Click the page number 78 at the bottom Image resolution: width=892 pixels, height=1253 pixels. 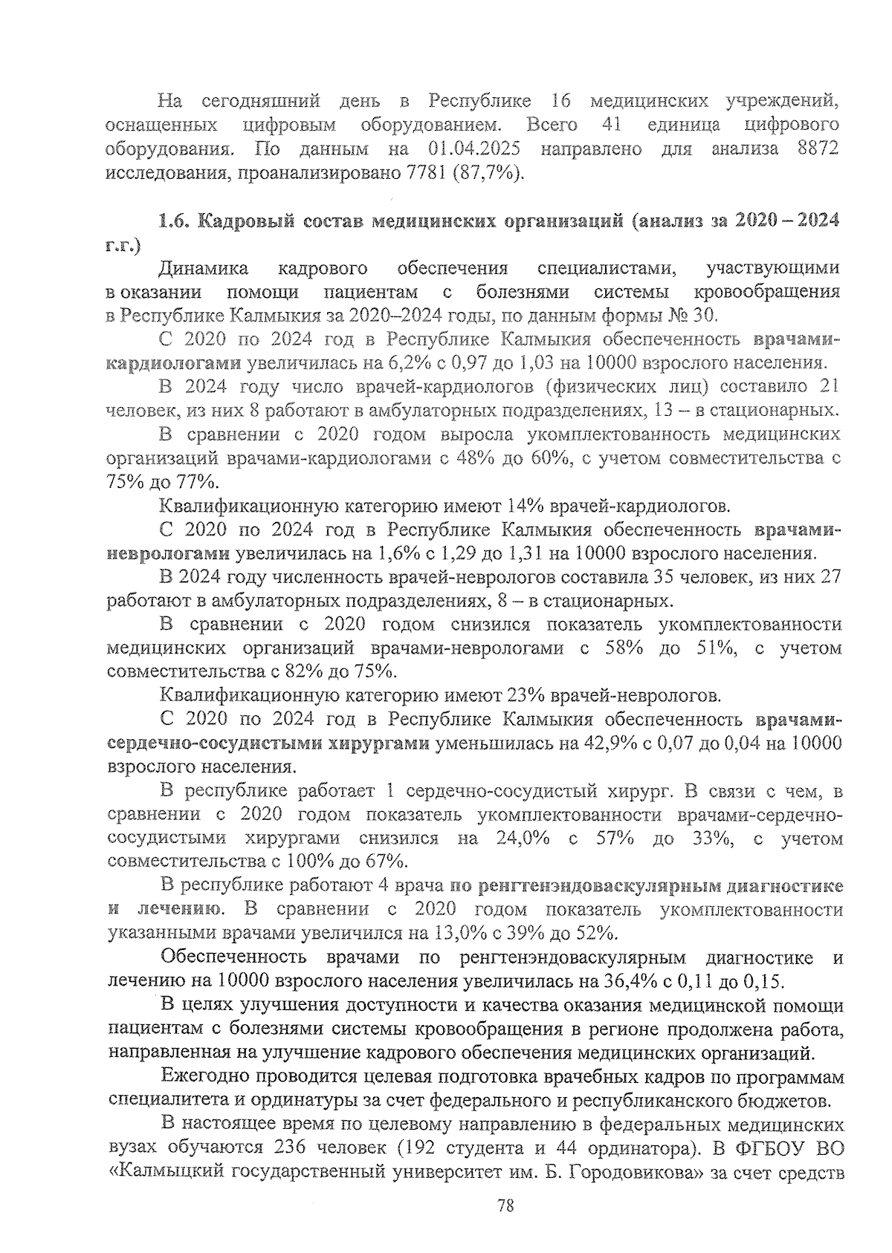(506, 1205)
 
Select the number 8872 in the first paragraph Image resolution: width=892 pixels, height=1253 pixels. (816, 149)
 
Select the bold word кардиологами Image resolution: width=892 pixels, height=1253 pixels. (170, 363)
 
